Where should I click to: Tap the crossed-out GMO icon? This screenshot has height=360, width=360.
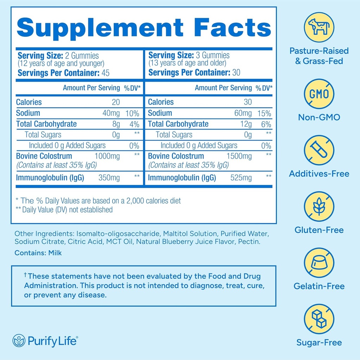click(319, 94)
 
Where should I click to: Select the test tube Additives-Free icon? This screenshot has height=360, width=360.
click(319, 150)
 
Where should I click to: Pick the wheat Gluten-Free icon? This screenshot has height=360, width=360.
click(319, 206)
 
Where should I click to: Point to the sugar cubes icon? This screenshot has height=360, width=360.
click(319, 319)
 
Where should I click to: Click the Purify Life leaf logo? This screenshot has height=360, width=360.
click(19, 341)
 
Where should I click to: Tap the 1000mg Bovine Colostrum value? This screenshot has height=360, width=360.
click(107, 156)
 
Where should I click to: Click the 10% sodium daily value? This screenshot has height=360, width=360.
click(132, 113)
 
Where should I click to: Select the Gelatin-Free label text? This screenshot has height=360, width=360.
click(319, 286)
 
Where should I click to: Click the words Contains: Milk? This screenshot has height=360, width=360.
click(38, 252)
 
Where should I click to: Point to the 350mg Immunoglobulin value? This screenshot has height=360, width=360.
click(109, 178)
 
